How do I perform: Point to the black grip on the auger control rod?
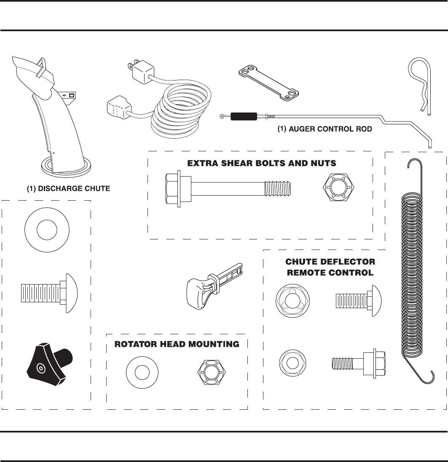click(244, 116)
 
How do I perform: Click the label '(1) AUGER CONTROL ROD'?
click(325, 129)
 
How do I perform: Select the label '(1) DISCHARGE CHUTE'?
click(69, 189)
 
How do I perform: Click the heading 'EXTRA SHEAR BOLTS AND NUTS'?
click(261, 163)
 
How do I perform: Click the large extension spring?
click(416, 270)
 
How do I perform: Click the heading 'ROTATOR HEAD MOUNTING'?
click(177, 344)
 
